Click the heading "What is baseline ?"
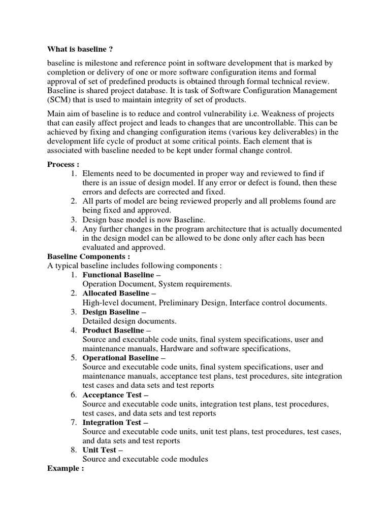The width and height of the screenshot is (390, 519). [80, 49]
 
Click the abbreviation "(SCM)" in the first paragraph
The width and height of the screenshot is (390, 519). [60, 100]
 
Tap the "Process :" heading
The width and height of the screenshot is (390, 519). [63, 164]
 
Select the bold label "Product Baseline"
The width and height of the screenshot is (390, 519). [113, 330]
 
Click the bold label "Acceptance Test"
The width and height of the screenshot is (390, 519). [112, 395]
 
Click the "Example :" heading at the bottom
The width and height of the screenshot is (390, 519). [66, 468]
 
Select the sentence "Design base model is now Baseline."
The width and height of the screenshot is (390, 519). [144, 220]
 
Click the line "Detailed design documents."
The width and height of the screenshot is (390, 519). [129, 321]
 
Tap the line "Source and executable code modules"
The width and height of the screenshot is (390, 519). [145, 459]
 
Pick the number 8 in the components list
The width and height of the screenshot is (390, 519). [74, 450]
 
